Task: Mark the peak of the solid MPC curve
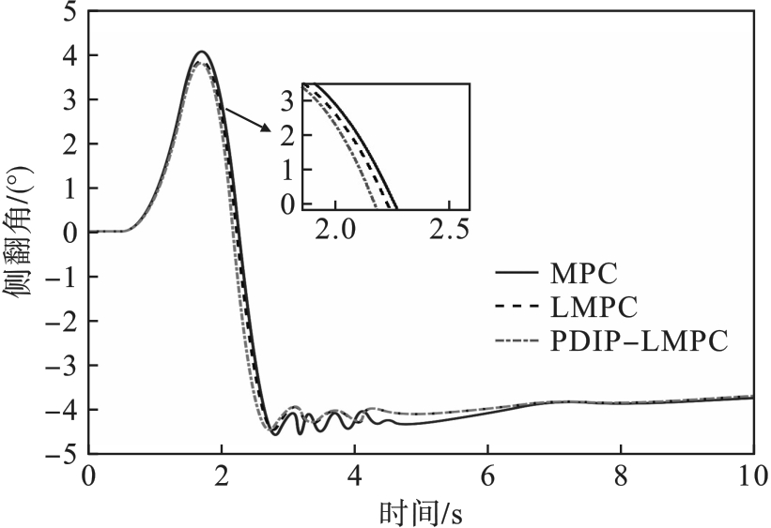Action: [x=200, y=52]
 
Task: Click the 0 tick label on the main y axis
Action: [x=69, y=233]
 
